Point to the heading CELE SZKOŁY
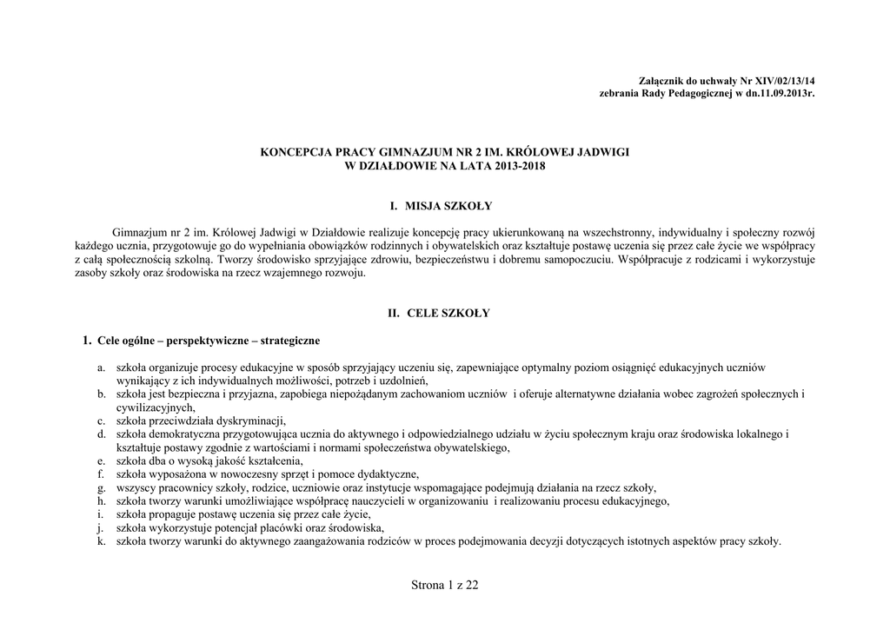coord(448,313)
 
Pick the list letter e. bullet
coord(102,461)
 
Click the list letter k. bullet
coord(102,540)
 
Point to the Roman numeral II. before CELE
coord(393,313)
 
